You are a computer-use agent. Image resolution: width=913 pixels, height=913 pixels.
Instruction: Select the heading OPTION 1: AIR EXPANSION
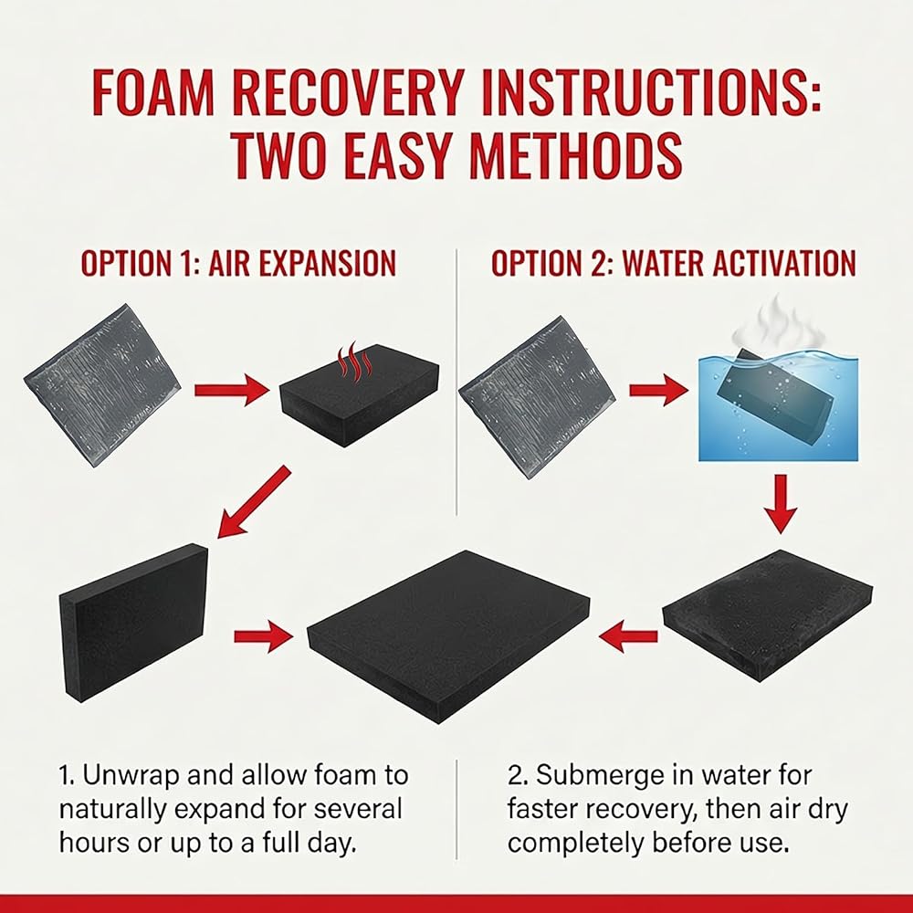coord(238,263)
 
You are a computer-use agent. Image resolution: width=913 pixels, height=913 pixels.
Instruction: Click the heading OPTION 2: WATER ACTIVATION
coord(674,263)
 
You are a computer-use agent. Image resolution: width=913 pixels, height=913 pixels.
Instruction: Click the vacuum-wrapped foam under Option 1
coord(102,384)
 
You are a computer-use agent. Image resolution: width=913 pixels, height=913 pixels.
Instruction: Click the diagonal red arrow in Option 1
coord(253,501)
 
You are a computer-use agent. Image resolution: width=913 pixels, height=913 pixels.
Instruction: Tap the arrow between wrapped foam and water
coord(658,390)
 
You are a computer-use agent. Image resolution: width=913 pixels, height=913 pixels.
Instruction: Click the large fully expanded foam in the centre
coord(448,636)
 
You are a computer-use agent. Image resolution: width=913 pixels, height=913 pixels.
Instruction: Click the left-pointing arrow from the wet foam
coord(628,635)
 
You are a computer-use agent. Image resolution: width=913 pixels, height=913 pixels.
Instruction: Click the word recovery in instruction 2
coord(631,810)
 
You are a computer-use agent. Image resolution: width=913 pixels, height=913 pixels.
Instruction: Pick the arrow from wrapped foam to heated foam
coord(232,390)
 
